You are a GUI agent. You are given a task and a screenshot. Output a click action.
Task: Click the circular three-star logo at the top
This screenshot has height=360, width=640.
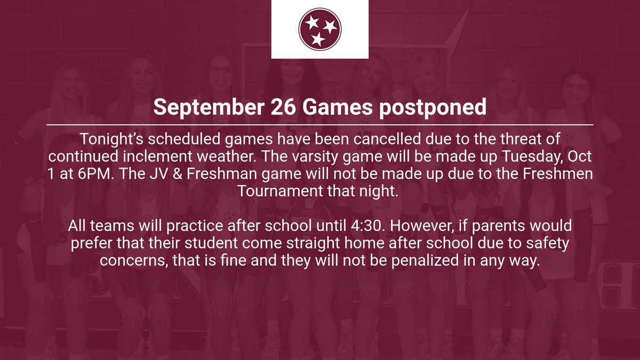coord(319,29)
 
